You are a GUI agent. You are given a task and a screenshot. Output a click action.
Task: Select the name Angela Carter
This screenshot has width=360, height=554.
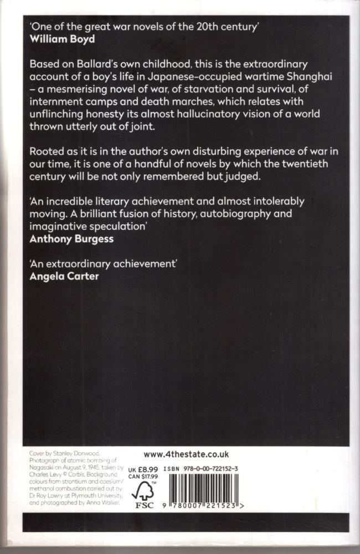click(64, 275)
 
